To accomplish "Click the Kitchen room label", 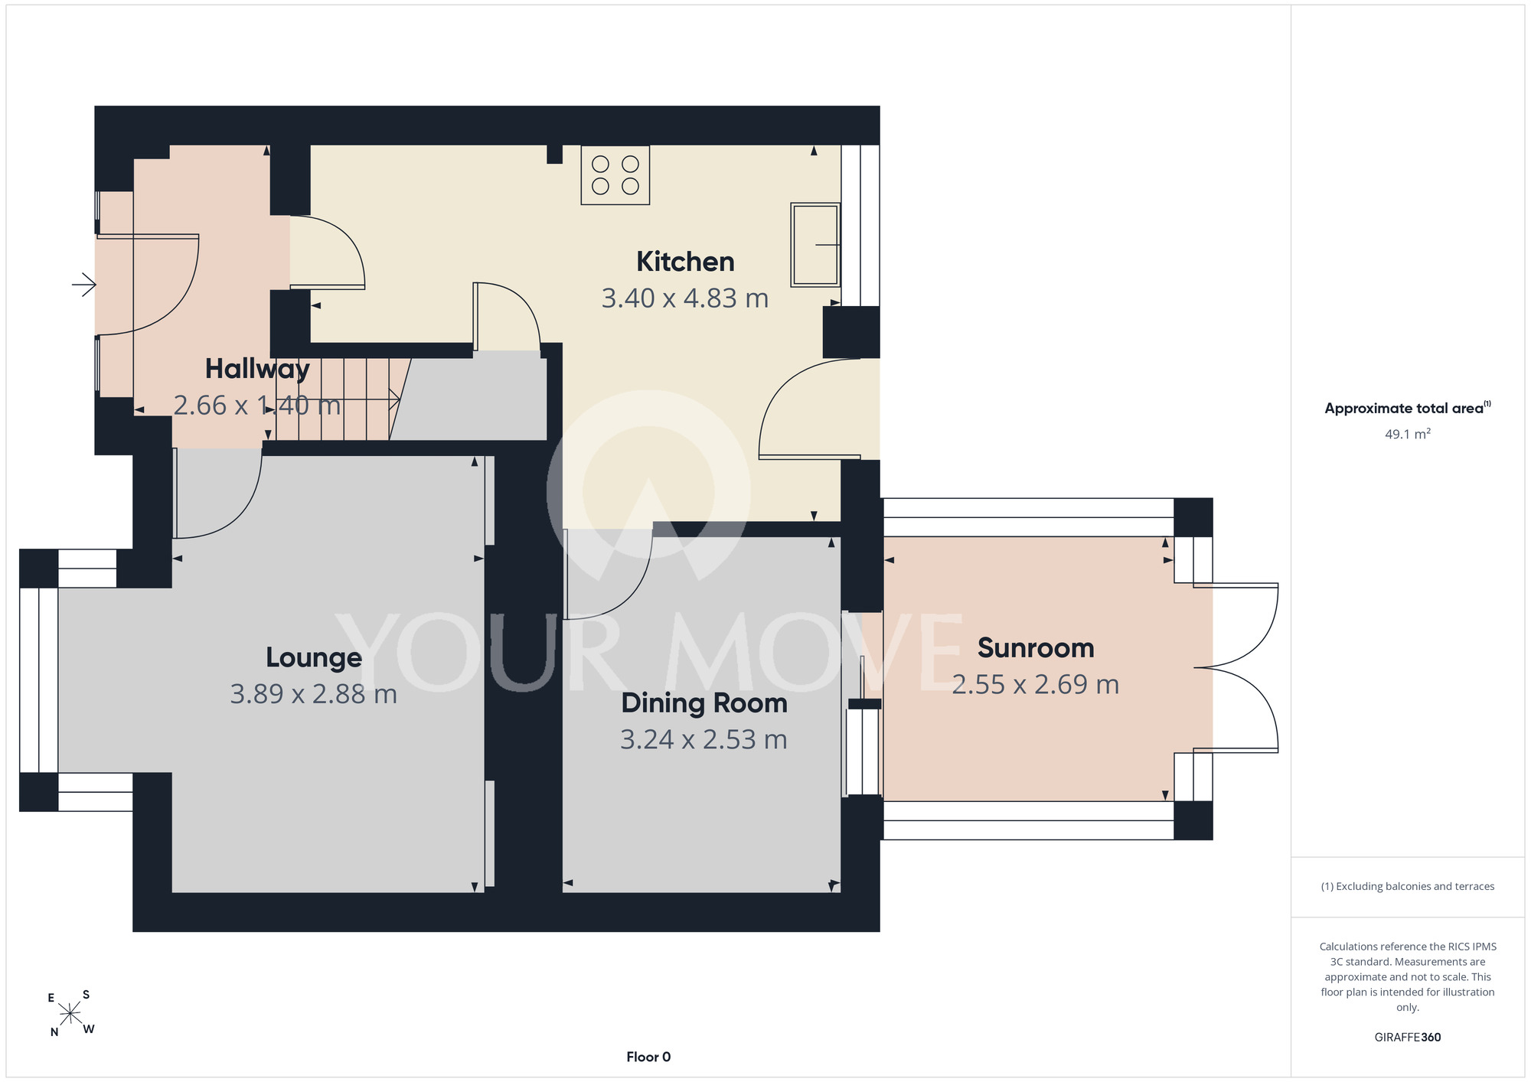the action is click(x=685, y=262).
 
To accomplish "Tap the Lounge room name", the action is click(x=314, y=658).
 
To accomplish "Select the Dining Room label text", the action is click(x=704, y=703).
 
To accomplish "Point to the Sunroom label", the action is click(x=1036, y=648).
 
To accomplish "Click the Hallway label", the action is click(x=257, y=370).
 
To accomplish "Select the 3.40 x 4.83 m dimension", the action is click(x=685, y=298).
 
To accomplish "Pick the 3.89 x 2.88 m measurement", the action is click(x=314, y=694).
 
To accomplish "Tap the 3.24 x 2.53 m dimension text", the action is click(x=704, y=740).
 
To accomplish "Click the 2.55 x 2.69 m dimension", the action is click(x=1036, y=685).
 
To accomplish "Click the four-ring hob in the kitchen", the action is click(x=615, y=175).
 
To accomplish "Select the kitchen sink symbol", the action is click(x=815, y=245).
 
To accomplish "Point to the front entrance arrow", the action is click(x=84, y=285).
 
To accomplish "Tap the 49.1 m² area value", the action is click(x=1408, y=434).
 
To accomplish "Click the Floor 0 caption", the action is click(x=648, y=1057).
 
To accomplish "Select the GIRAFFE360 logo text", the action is click(x=1408, y=1038).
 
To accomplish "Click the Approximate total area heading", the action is click(x=1408, y=408).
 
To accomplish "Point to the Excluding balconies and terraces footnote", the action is click(x=1408, y=886).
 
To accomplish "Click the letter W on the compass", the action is click(x=89, y=1029).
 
